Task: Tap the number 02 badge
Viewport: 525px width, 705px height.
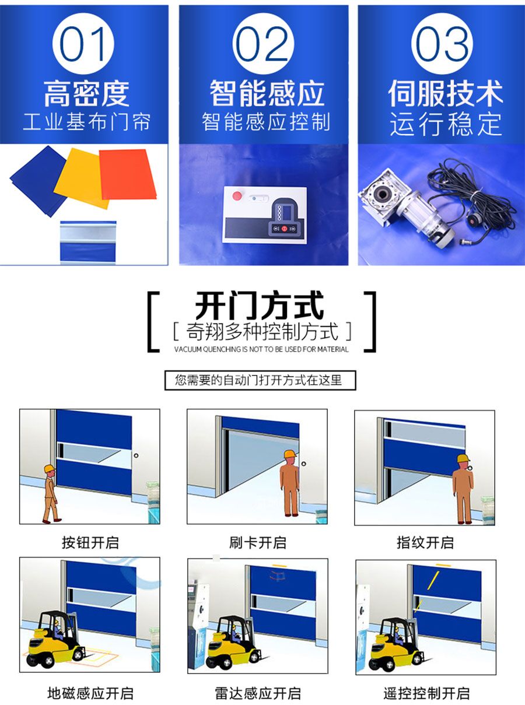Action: click(264, 44)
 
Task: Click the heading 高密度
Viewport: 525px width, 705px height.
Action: click(86, 93)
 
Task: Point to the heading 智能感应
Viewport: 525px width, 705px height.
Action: click(266, 93)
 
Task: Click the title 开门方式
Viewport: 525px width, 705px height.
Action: click(259, 306)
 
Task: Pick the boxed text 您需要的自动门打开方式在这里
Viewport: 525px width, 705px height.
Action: click(259, 380)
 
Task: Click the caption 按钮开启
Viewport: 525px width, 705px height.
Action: click(90, 542)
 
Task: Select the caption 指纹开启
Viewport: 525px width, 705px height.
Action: click(425, 542)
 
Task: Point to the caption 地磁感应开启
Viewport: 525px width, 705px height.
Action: click(90, 693)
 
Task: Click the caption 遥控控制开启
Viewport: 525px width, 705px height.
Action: click(426, 693)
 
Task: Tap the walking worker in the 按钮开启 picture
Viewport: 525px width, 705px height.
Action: click(51, 493)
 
